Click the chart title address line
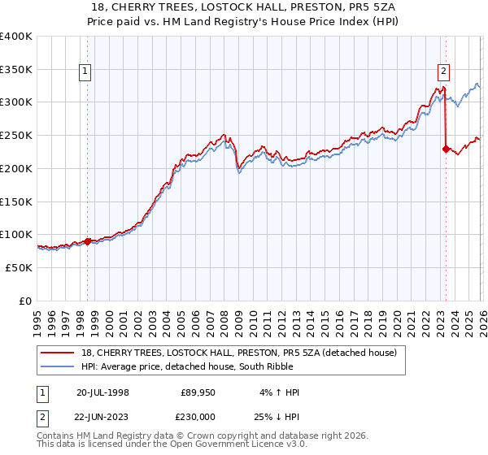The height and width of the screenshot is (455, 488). (x=244, y=6)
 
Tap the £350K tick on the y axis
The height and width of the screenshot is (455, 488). (x=15, y=70)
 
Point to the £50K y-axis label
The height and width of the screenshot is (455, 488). (x=18, y=267)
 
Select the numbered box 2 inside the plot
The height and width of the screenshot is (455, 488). (x=443, y=71)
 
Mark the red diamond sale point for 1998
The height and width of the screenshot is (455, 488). (x=88, y=240)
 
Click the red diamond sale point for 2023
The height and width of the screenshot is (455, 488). (x=446, y=149)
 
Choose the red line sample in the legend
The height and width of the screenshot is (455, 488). (x=58, y=353)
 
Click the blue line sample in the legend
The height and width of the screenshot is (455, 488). (x=58, y=366)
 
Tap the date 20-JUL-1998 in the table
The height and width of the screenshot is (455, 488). (x=102, y=392)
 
